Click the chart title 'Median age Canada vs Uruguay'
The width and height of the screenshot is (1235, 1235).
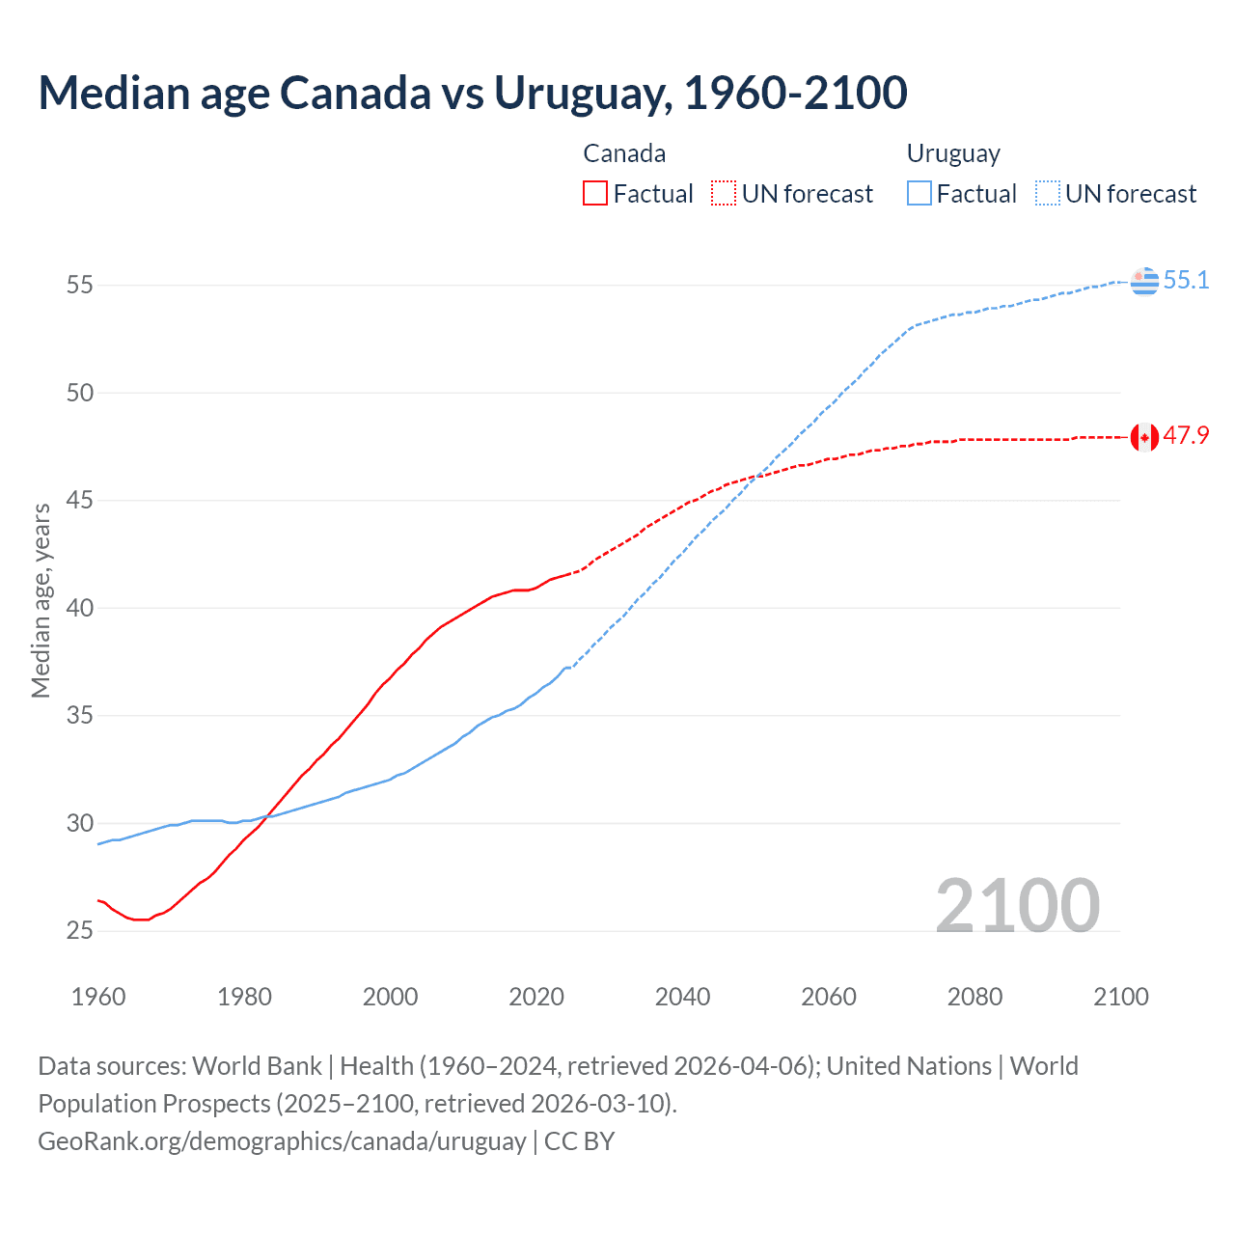[x=472, y=93]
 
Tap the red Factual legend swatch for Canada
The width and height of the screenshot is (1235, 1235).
[x=595, y=194]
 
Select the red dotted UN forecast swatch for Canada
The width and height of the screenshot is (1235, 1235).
[x=723, y=194]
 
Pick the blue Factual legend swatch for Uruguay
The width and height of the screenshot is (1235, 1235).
[x=919, y=194]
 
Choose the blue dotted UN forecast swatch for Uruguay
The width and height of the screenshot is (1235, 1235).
[x=1047, y=194]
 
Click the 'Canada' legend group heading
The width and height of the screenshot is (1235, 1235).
[x=624, y=153]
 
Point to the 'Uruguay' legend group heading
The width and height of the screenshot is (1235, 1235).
[x=952, y=153]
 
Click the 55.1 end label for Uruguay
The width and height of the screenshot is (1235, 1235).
[x=1186, y=281]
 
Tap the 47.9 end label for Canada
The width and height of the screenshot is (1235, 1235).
[x=1186, y=436]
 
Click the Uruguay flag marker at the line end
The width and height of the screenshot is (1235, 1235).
[x=1144, y=281]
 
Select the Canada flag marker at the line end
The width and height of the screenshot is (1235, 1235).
[x=1144, y=437]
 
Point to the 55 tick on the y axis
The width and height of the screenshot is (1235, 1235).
[x=79, y=286]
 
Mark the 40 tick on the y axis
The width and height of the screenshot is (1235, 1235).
[x=79, y=608]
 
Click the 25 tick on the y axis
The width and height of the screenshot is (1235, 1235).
[x=79, y=931]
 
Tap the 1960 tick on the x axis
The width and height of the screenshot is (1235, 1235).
[x=98, y=997]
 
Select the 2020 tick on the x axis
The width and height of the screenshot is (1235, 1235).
[x=536, y=997]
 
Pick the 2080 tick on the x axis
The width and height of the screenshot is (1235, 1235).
[x=974, y=997]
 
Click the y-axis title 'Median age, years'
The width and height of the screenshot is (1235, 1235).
[x=41, y=600]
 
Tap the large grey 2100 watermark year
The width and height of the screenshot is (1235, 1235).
[x=1017, y=905]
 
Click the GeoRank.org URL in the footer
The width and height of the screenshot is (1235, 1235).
[x=282, y=1141]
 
